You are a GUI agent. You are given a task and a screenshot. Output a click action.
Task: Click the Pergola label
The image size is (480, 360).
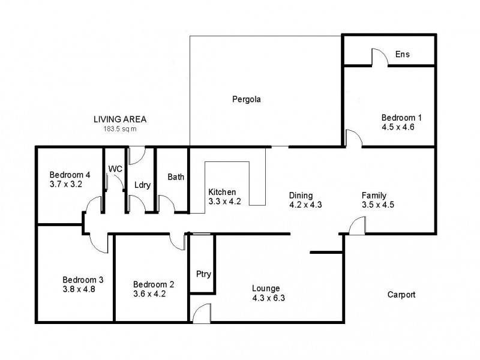click(248, 98)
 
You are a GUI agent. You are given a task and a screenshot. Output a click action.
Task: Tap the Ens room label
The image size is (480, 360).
click(402, 55)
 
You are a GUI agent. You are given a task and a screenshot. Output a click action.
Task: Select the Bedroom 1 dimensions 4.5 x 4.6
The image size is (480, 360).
click(398, 127)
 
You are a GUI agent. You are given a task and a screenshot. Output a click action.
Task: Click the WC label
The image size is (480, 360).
click(115, 169)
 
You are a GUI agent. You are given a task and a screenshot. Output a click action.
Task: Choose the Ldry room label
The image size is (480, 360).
click(142, 184)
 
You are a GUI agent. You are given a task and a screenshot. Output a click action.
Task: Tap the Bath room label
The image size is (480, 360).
click(176, 177)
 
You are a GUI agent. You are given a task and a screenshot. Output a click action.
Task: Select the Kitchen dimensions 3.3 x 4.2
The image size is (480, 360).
click(224, 201)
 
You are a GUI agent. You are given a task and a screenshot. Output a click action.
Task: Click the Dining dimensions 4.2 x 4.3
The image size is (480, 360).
click(305, 205)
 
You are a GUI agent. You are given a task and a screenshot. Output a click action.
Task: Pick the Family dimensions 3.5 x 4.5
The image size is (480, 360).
click(377, 205)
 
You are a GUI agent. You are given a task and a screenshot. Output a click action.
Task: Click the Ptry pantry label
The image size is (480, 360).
click(203, 274)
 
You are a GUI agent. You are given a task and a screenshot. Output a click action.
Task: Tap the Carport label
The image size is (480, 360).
click(401, 295)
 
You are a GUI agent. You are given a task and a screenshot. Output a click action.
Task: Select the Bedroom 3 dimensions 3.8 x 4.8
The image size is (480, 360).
click(79, 289)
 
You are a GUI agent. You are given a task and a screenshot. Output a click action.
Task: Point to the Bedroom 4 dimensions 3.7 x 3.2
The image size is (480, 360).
click(65, 184)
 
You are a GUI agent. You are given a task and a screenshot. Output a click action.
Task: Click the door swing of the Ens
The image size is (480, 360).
click(380, 58)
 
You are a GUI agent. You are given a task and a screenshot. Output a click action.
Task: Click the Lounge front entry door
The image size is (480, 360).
click(202, 313)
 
